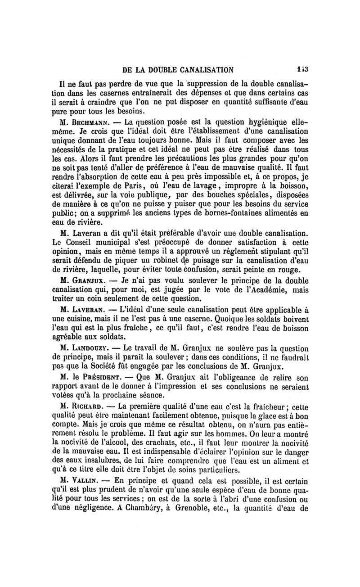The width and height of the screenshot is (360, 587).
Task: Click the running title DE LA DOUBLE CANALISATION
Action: pos(178,70)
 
